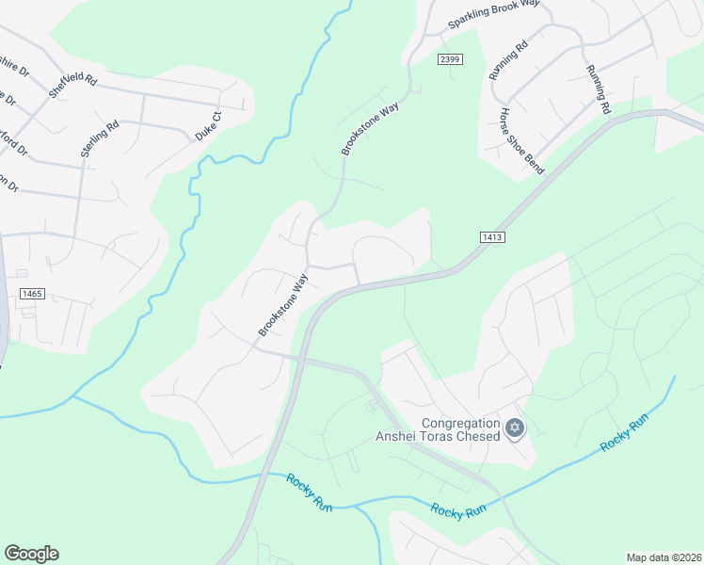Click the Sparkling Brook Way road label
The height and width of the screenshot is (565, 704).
coord(493,13)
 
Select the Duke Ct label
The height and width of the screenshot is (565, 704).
coord(208,127)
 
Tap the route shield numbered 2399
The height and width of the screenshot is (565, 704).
coord(450,59)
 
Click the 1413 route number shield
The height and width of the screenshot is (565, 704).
coord(492,238)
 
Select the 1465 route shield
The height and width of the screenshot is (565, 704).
coord(32,294)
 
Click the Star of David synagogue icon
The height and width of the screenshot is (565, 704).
coord(514,428)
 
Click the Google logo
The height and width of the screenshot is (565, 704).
coord(31,554)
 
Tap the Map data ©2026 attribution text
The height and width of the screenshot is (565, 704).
coord(664,557)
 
